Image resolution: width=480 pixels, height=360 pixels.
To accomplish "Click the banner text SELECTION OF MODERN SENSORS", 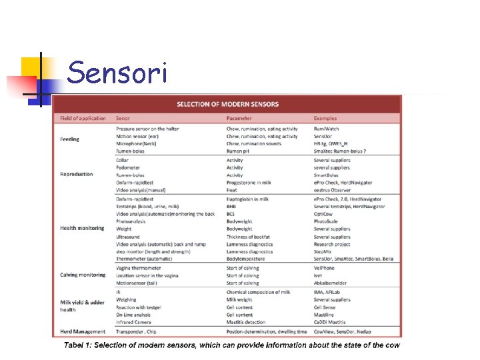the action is (227, 104).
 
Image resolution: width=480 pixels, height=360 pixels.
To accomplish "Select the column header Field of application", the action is (83, 119).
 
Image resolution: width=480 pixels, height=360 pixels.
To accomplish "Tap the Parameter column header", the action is (239, 119).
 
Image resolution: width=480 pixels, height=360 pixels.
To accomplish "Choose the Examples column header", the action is (325, 119).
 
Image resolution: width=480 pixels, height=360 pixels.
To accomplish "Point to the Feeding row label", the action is (69, 139).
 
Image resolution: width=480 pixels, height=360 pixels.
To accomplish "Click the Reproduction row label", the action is (77, 175).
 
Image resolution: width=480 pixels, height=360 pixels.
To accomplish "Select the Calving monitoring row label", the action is (83, 275).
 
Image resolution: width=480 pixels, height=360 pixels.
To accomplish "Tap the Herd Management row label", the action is (83, 331).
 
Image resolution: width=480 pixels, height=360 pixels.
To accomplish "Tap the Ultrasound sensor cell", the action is (128, 237).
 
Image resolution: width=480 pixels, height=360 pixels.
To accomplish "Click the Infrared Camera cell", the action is (134, 322).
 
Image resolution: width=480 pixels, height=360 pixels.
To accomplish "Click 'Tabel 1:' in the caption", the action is (79, 345).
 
